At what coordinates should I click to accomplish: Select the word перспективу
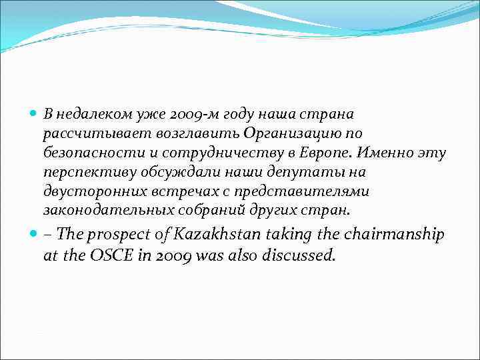[87, 173]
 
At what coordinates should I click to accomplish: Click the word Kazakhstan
[218, 234]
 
